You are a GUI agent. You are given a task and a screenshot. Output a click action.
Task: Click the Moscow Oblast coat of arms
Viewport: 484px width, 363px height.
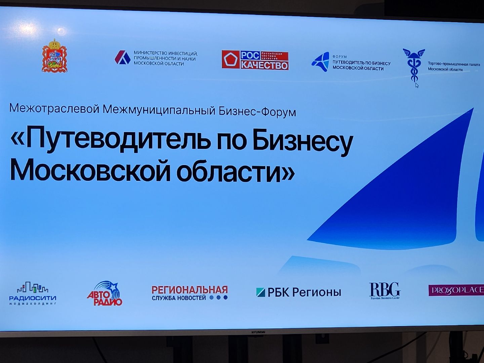pyautogui.click(x=54, y=56)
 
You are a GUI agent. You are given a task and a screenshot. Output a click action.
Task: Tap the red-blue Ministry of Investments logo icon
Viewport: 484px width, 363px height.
pyautogui.click(x=122, y=57)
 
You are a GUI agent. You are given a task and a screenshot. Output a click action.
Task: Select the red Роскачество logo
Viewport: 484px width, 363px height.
pyautogui.click(x=255, y=60)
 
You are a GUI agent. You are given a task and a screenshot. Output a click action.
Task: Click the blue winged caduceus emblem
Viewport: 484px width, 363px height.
pyautogui.click(x=413, y=66)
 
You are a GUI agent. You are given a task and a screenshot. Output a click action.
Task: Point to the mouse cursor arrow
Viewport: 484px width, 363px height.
pyautogui.click(x=417, y=85)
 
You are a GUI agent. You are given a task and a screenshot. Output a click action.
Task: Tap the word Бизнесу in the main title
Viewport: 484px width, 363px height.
pyautogui.click(x=302, y=141)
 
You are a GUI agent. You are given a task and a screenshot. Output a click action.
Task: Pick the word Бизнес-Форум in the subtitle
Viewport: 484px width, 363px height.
pyautogui.click(x=257, y=112)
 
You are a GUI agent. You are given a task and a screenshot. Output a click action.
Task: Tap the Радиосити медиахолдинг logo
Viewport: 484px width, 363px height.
pyautogui.click(x=33, y=293)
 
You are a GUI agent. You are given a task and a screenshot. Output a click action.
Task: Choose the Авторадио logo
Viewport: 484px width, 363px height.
pyautogui.click(x=105, y=294)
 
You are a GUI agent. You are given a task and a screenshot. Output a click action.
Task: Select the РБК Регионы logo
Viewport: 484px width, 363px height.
pyautogui.click(x=298, y=292)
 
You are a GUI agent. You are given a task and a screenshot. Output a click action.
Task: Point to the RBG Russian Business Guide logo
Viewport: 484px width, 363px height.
pyautogui.click(x=385, y=291)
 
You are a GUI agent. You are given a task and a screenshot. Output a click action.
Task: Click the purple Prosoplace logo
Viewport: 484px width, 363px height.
pyautogui.click(x=456, y=290)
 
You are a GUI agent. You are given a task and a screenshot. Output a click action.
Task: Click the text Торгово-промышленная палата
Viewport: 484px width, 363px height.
pyautogui.click(x=454, y=64)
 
